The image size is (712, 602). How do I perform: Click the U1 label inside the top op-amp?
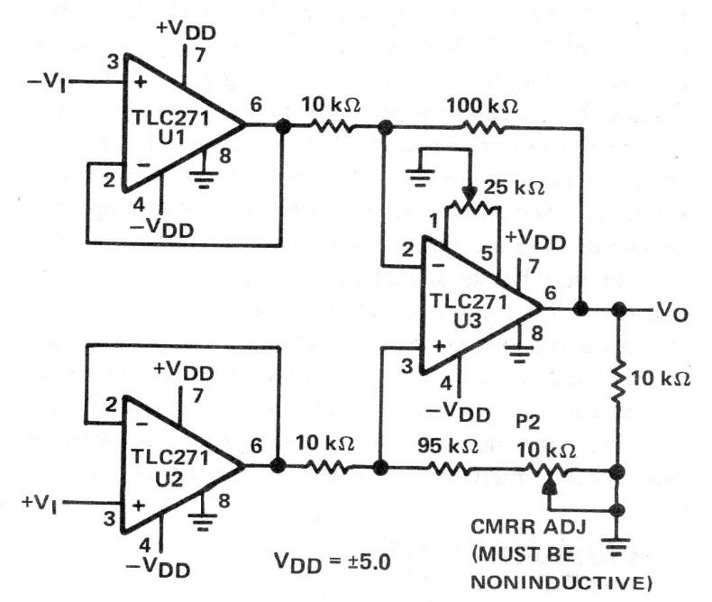click(171, 137)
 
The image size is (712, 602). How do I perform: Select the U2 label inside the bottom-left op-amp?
click(169, 479)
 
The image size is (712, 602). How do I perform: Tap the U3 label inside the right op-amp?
click(467, 321)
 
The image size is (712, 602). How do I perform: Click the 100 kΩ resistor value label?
click(482, 106)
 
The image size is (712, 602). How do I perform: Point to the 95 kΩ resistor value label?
click(447, 446)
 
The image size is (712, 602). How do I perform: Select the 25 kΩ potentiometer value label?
click(514, 187)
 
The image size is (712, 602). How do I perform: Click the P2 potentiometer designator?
click(528, 423)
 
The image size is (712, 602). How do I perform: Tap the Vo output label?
click(672, 312)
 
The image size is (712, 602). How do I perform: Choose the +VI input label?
click(40, 503)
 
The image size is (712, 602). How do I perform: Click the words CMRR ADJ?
click(528, 527)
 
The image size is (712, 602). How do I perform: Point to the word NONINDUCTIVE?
click(558, 582)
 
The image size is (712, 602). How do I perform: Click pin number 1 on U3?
click(434, 221)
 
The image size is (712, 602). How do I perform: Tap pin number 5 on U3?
click(487, 253)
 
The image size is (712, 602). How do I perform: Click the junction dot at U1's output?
click(283, 126)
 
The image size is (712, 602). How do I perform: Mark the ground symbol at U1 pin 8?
click(204, 179)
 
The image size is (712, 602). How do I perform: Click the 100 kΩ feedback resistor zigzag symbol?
click(483, 127)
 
